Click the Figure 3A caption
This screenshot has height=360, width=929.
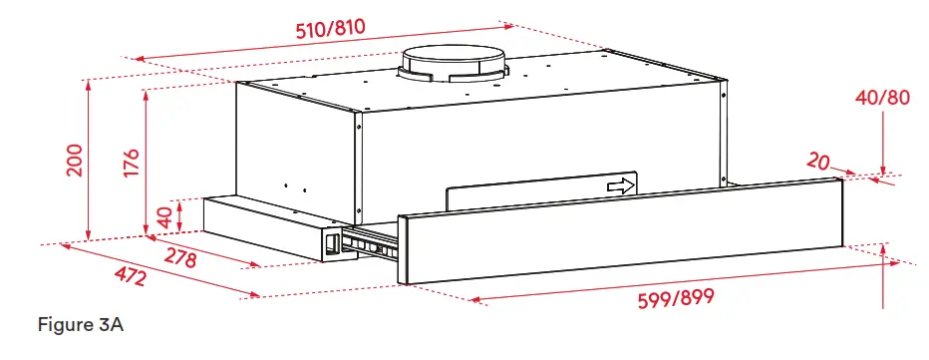81,325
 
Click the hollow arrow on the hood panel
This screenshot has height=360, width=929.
621,185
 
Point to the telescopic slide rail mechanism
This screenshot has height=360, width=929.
369,241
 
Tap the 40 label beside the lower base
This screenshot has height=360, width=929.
163,214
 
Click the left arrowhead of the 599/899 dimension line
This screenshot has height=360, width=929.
472,298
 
